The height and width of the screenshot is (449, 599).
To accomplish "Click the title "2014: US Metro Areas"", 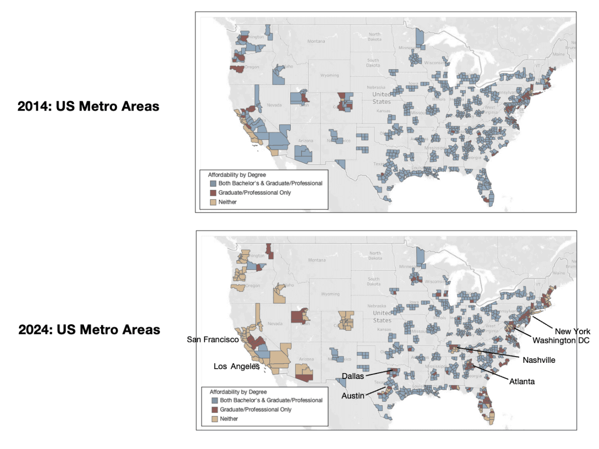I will [x=88, y=106].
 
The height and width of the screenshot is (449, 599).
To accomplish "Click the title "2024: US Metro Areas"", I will [x=89, y=330].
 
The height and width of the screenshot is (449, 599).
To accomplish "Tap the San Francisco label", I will [x=212, y=339].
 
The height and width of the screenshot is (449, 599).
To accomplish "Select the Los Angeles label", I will [x=237, y=366].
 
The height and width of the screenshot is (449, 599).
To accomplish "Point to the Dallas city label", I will [x=353, y=376].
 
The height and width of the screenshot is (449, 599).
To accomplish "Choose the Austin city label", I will [x=352, y=395].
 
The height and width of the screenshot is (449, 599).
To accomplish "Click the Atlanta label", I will [x=522, y=381].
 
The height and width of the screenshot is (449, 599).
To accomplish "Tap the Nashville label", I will [x=539, y=360].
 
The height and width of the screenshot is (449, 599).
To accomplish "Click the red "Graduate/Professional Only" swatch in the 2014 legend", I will [x=212, y=193].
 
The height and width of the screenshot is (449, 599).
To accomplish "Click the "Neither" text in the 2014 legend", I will [x=228, y=202].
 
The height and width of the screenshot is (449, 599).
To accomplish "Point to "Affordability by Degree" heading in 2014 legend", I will [x=237, y=174].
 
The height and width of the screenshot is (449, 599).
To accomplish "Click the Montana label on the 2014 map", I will [x=316, y=41].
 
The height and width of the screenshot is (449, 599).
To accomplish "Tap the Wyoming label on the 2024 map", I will [x=330, y=294].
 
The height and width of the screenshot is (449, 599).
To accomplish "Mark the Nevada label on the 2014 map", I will [x=274, y=105].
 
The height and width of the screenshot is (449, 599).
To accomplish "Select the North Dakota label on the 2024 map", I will [x=374, y=256].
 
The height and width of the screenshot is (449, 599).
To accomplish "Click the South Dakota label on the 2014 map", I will [x=373, y=62].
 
